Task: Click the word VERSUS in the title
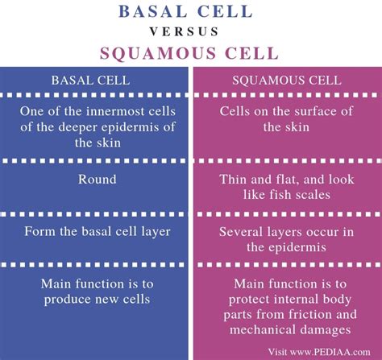coord(185,31)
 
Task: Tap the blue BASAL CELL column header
coord(90,81)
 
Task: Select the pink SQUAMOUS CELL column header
coord(287,81)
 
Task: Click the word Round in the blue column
coord(98,180)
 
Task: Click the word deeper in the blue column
coord(77,127)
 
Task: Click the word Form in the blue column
coord(39,231)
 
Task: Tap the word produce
coord(68,300)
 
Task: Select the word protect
coord(251,300)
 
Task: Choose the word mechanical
coord(263,329)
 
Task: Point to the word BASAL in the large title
coord(152,11)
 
